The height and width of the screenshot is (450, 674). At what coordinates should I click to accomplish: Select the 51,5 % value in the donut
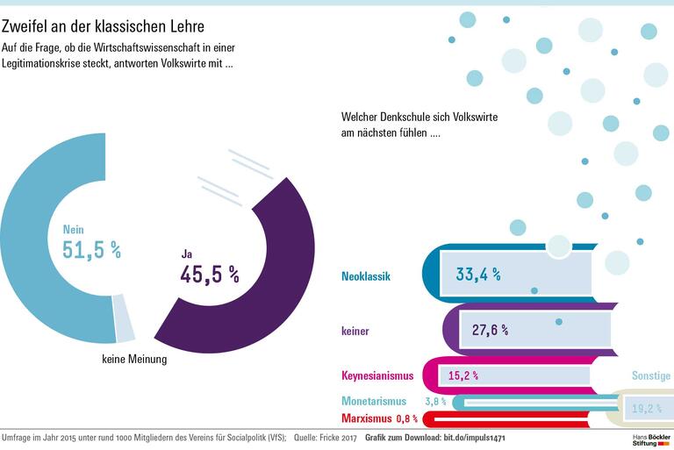pos(91,250)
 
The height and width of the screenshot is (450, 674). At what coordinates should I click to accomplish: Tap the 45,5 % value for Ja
pos(210,274)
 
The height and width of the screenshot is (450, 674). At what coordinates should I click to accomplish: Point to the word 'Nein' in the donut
pos(73,230)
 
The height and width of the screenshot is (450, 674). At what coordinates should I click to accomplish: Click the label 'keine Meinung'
pos(134,358)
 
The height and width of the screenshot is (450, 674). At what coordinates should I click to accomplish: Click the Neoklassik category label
pos(365,276)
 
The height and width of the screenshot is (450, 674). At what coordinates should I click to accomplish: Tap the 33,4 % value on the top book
pos(478,275)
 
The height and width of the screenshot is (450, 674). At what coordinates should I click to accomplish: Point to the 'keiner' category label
pos(355,331)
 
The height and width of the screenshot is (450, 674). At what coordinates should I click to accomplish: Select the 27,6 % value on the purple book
pos(490,330)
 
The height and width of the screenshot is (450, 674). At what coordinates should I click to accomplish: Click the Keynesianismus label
pos(376,376)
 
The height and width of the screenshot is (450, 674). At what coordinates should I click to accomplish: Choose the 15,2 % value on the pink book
pos(462,375)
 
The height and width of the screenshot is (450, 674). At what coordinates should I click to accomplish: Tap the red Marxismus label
pos(368,418)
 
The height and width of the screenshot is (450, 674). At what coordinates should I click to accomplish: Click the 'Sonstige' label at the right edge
pos(651,375)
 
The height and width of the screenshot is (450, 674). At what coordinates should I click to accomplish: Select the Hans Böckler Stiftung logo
pos(650,439)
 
